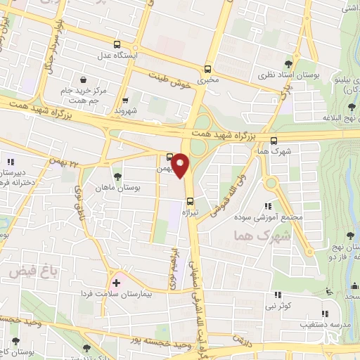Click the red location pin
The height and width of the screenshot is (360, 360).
[x=181, y=165]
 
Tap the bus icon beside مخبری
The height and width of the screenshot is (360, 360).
[x=207, y=69]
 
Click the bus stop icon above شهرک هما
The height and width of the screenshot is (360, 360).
[x=274, y=139]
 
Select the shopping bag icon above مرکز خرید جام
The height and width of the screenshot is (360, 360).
[x=84, y=79]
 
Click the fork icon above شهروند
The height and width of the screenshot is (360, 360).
[x=125, y=100]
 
